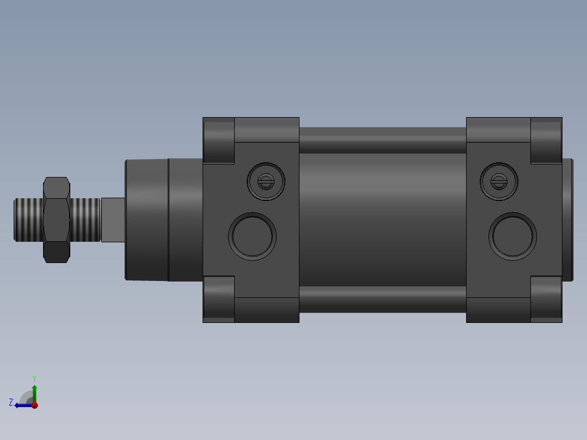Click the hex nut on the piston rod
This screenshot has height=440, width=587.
pos(56,219)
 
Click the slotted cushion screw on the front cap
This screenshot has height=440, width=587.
pos(266,181)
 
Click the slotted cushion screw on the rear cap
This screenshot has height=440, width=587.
pos(499,181)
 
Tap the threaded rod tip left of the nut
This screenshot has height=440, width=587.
pos(28,219)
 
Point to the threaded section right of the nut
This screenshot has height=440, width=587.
pos(85,219)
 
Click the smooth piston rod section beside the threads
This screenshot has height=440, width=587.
pos(113,219)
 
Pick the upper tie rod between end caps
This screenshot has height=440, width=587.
pos(382,140)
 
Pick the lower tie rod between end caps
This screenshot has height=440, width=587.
pos(382,300)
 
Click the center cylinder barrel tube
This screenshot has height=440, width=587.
pos(382,219)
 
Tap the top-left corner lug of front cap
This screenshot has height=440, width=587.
pos(218,140)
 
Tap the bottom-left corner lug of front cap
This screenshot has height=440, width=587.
pos(218,299)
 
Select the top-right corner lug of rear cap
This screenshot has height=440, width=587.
pos(546,140)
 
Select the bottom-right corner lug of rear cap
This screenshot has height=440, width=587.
pos(546,299)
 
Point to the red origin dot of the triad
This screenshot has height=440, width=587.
pos(35,405)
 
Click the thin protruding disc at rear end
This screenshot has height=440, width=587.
pos(567,219)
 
